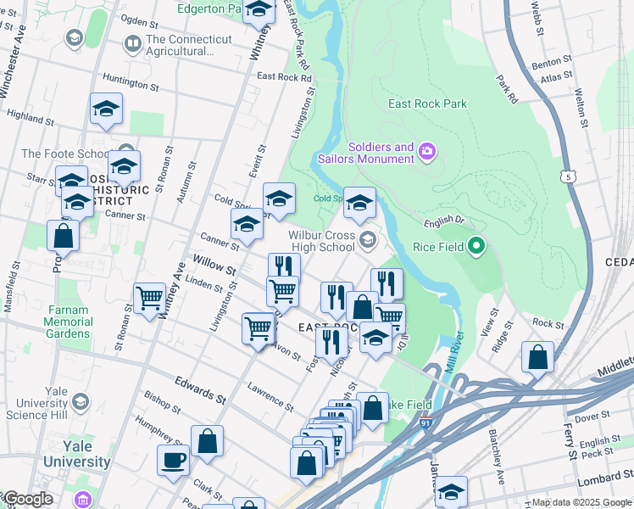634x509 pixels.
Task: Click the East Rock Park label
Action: click(x=427, y=104)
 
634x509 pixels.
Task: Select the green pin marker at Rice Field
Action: click(x=475, y=247)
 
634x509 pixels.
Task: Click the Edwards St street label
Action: click(x=200, y=390)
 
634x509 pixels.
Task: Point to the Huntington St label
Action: click(x=131, y=81)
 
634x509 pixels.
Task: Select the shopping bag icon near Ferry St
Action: click(x=537, y=357)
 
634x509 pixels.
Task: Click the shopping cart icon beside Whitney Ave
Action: click(x=149, y=299)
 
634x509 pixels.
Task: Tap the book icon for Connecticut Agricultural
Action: click(x=132, y=42)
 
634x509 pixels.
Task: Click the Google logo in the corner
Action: click(x=27, y=499)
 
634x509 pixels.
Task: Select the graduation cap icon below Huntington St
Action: click(x=106, y=109)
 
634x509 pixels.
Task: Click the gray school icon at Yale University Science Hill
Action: click(x=81, y=400)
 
